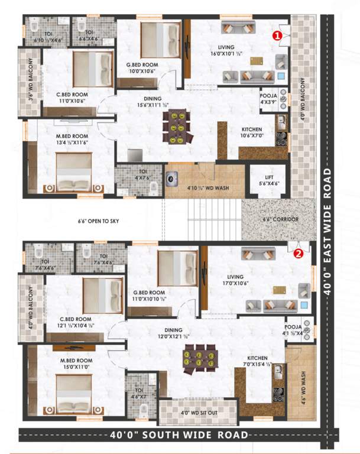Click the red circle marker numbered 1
pyautogui.click(x=276, y=35)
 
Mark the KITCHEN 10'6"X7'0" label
pyautogui.click(x=252, y=132)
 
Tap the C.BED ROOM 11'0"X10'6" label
pyautogui.click(x=73, y=97)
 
